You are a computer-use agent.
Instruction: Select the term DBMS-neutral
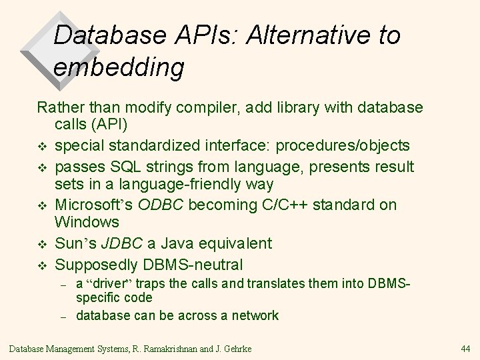194,265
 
